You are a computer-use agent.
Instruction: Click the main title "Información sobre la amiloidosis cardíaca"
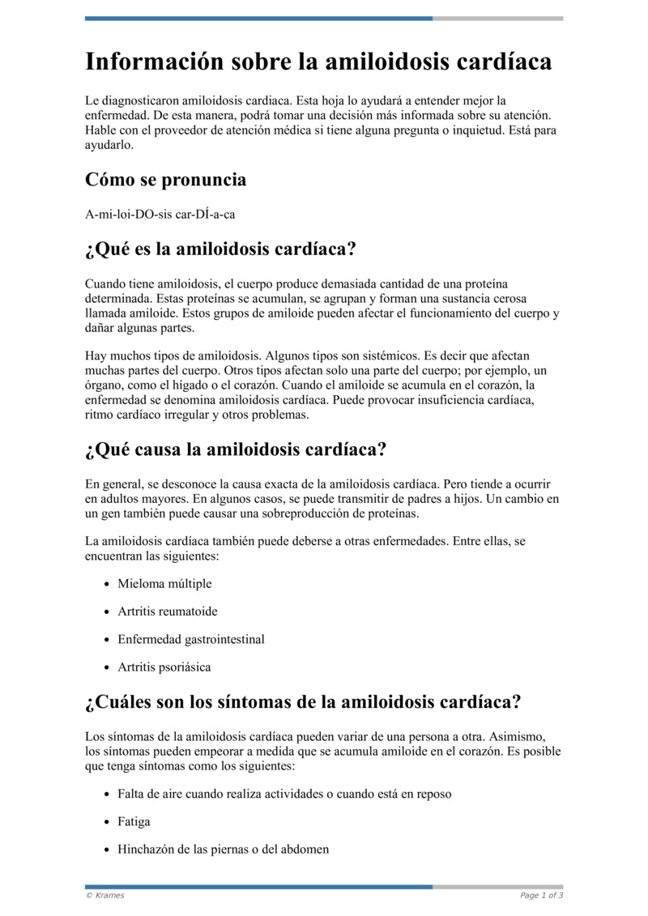[x=318, y=62]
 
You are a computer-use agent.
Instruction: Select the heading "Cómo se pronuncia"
[x=165, y=180]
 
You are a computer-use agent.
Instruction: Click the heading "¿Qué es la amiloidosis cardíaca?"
[x=220, y=249]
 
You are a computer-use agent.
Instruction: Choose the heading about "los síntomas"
[x=303, y=701]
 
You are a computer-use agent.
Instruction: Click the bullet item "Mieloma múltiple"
[x=164, y=583]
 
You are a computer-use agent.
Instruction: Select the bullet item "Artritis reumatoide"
[x=168, y=611]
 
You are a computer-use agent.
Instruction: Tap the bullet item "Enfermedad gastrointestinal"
[x=191, y=639]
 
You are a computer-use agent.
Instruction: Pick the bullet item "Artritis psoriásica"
[x=164, y=667]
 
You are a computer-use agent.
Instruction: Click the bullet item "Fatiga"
[x=134, y=821]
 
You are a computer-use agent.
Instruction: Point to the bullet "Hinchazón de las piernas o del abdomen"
[x=224, y=850]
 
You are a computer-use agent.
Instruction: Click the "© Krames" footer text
[x=105, y=895]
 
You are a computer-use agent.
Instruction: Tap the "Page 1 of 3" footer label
[x=541, y=895]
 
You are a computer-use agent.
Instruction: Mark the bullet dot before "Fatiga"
[x=108, y=822]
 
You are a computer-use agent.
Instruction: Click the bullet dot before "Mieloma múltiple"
[x=108, y=584]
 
